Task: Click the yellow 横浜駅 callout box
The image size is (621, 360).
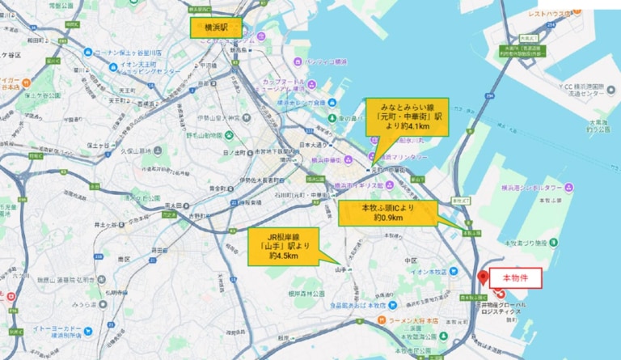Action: pos(214,28)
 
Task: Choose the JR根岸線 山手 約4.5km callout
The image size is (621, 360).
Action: pos(284,244)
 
